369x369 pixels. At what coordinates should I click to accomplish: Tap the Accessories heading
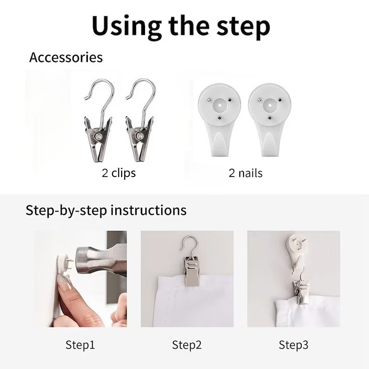pyautogui.click(x=66, y=57)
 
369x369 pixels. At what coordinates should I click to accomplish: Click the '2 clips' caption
pyautogui.click(x=119, y=173)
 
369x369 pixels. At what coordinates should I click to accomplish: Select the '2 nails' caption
pyautogui.click(x=245, y=173)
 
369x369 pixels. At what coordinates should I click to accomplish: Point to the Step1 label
pyautogui.click(x=80, y=345)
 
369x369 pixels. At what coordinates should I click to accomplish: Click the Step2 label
pyautogui.click(x=187, y=345)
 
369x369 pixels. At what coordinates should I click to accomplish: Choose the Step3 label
pyautogui.click(x=293, y=345)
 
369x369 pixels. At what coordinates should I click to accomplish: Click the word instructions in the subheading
pyautogui.click(x=149, y=210)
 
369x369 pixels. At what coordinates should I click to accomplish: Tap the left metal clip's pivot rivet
pyautogui.click(x=99, y=136)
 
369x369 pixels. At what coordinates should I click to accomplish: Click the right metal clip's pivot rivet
pyautogui.click(x=140, y=136)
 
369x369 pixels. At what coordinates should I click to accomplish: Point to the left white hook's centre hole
pyautogui.click(x=220, y=105)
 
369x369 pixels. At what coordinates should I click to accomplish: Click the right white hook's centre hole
pyautogui.click(x=270, y=105)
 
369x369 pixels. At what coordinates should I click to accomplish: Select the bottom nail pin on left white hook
pyautogui.click(x=220, y=118)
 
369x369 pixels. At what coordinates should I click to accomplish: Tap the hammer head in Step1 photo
pyautogui.click(x=94, y=260)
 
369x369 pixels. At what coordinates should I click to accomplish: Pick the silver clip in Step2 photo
pyautogui.click(x=191, y=271)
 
